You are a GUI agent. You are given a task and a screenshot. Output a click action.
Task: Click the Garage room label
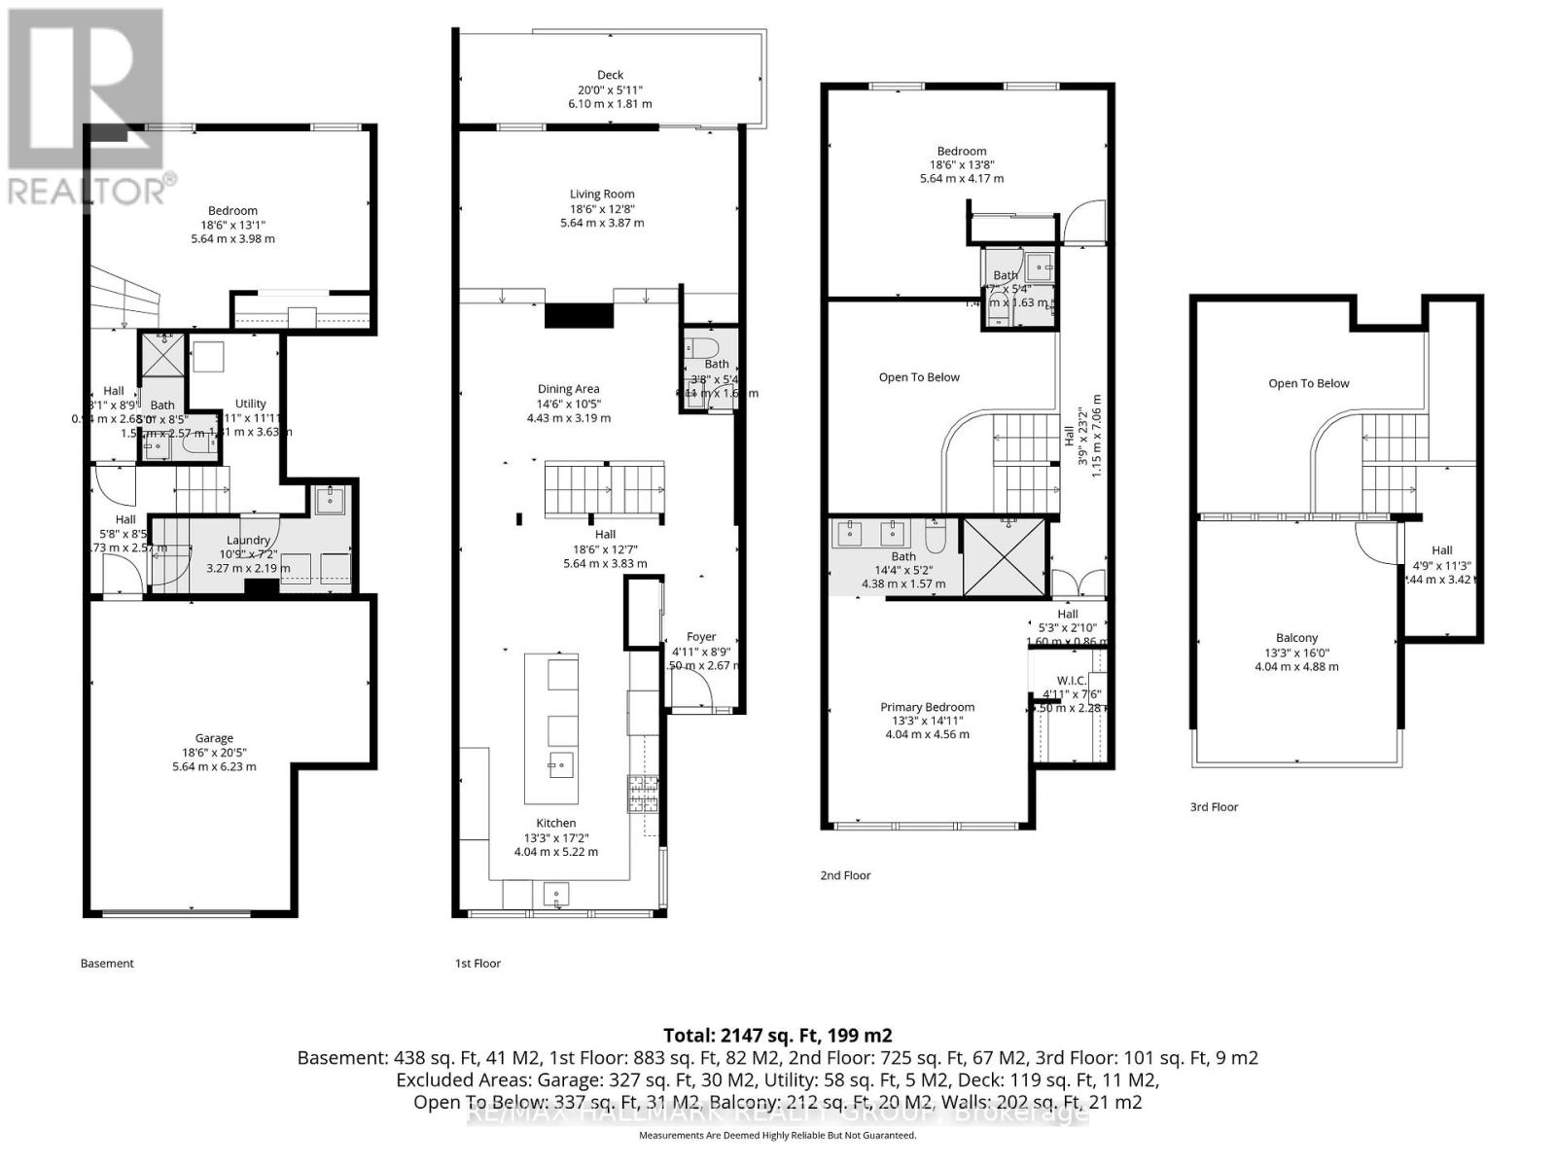[x=214, y=738]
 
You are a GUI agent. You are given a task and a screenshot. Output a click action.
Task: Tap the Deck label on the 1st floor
[x=610, y=75]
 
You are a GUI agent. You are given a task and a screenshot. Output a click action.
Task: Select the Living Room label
[x=602, y=194]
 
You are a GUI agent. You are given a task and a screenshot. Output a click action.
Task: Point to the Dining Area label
[x=569, y=389]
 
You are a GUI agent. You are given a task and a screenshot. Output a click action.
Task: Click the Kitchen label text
[x=556, y=823]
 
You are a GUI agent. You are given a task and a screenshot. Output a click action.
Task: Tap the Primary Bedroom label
[x=927, y=707]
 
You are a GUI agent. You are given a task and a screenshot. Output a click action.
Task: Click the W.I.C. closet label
[x=1072, y=681]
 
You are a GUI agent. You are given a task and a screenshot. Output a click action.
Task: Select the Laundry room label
[x=248, y=540]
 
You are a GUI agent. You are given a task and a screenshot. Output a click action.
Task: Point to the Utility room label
[x=250, y=404]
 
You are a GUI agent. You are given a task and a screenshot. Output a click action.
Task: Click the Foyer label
[x=701, y=637]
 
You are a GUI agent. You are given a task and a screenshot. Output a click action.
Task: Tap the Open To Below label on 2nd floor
[x=919, y=377]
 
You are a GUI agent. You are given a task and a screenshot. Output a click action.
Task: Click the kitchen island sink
[x=560, y=764]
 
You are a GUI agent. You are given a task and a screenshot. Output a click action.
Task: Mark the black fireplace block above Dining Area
[x=579, y=316]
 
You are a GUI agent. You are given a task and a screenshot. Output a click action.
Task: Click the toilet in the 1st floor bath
[x=700, y=347]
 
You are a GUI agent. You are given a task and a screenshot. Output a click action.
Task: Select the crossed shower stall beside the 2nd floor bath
[x=1004, y=556]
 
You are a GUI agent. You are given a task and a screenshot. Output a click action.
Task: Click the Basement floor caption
[x=107, y=964]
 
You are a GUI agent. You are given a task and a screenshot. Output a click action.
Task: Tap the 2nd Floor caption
[x=845, y=875]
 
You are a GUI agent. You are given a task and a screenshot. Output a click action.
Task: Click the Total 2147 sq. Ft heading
[x=777, y=1035]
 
